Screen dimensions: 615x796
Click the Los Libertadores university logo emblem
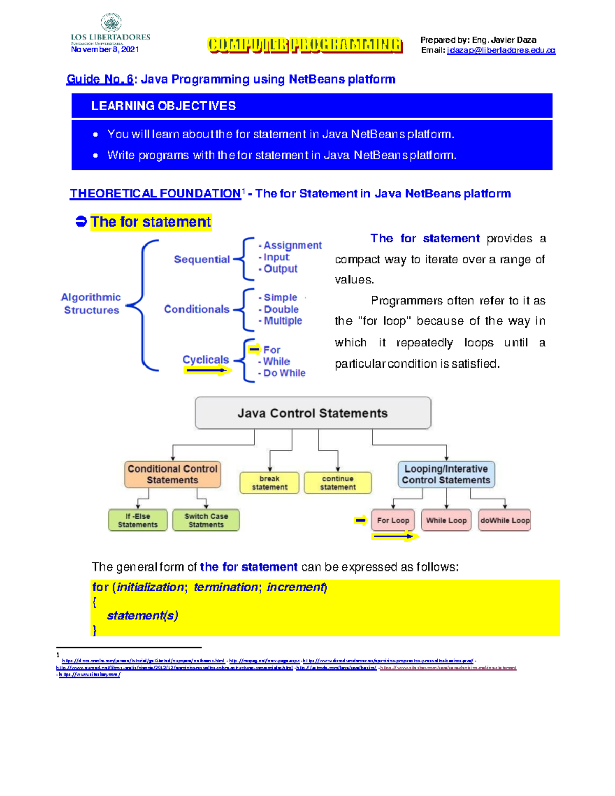[111, 23]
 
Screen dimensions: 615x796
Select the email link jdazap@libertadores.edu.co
[501, 50]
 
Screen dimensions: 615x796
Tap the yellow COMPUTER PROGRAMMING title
[305, 45]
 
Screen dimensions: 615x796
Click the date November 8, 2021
[105, 50]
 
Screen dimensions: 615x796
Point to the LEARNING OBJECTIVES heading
[163, 106]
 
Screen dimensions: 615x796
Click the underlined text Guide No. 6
[100, 79]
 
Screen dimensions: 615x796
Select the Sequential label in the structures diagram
[201, 259]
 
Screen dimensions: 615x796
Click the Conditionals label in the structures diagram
[196, 309]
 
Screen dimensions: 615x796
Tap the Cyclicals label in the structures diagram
[206, 360]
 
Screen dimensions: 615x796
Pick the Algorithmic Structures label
[91, 303]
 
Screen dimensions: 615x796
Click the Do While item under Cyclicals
[284, 373]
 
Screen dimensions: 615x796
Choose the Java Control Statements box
[313, 413]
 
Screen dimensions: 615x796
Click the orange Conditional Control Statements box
[172, 475]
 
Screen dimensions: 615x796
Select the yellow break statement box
[270, 483]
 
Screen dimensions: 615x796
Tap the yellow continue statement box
[338, 483]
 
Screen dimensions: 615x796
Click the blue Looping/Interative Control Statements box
[446, 475]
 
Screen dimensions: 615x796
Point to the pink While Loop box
[446, 520]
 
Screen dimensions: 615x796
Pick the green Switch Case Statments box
[206, 520]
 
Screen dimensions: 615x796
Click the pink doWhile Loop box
[505, 520]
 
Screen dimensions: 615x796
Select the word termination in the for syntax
[225, 587]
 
